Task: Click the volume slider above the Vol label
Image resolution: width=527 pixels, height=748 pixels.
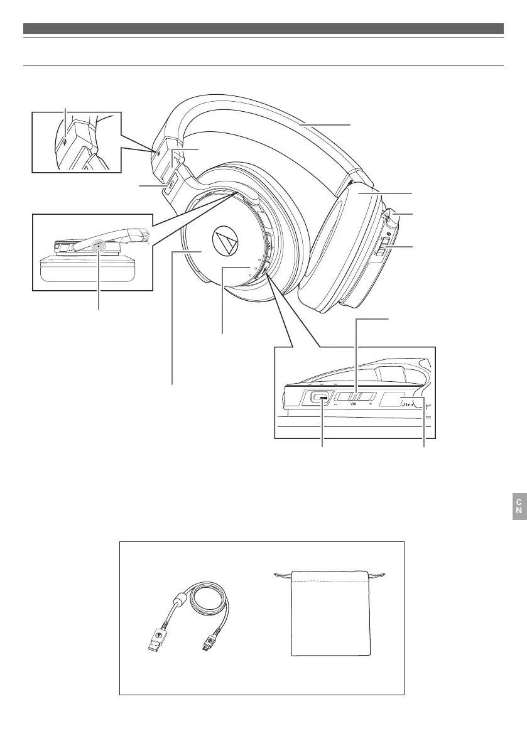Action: click(x=355, y=396)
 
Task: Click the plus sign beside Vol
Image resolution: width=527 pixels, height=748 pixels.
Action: click(x=371, y=406)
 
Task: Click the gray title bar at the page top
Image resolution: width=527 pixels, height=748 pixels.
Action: click(x=263, y=28)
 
